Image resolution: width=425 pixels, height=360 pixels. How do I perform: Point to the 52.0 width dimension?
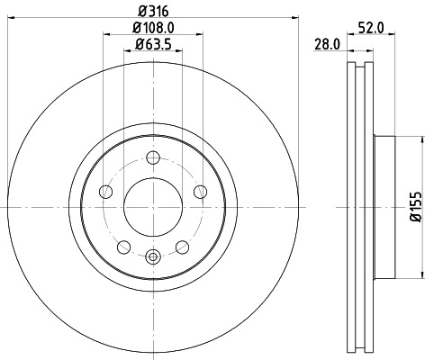[376, 28]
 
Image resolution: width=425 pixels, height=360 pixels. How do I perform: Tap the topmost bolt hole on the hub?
[151, 158]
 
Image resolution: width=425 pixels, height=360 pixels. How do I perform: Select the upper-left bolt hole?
[106, 191]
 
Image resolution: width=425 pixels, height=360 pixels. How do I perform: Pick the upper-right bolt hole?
[197, 191]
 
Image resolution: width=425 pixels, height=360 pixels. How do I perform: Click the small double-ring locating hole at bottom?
[151, 258]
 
